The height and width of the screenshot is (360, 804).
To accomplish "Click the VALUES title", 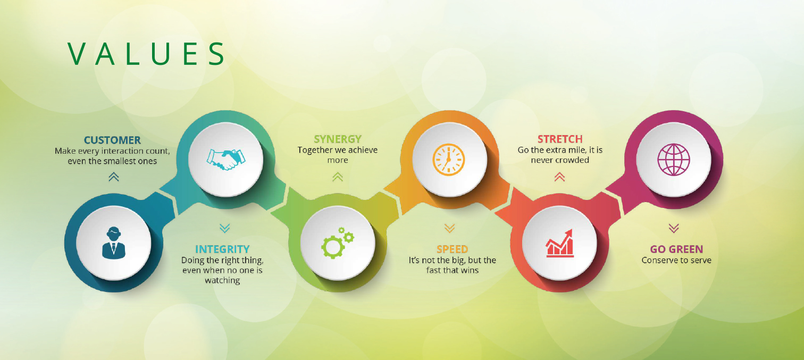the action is click(x=146, y=54).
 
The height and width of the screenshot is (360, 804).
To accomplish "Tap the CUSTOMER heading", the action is click(x=112, y=140).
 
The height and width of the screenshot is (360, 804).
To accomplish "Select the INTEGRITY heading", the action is click(x=222, y=249).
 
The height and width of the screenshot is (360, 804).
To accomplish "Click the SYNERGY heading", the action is click(x=337, y=139).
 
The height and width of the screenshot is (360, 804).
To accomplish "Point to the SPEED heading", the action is click(x=452, y=249).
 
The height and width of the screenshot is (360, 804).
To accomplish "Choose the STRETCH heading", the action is click(x=560, y=139).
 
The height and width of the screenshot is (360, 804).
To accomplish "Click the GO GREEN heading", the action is click(x=676, y=249).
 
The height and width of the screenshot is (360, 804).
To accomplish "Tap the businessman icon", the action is click(x=114, y=242).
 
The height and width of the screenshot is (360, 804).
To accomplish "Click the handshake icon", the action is click(x=226, y=160).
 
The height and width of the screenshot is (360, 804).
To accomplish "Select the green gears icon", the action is click(x=337, y=242).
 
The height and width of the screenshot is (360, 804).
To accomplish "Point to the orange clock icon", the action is click(x=449, y=160).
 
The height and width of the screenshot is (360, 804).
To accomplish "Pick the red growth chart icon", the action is click(x=559, y=244).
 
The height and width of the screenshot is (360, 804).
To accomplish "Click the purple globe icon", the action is click(x=674, y=160).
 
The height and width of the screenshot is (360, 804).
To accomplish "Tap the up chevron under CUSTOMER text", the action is click(x=114, y=177).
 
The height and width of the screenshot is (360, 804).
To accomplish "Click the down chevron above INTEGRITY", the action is click(x=225, y=228).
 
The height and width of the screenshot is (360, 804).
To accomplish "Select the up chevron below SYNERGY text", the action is click(x=337, y=177).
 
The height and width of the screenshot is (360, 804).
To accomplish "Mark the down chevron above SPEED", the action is click(x=449, y=228).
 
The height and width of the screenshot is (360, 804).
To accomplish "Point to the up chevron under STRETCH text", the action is click(x=559, y=177).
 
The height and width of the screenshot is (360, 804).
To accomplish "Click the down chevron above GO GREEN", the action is click(x=674, y=228).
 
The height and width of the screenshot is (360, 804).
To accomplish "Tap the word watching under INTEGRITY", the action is click(x=222, y=280).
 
